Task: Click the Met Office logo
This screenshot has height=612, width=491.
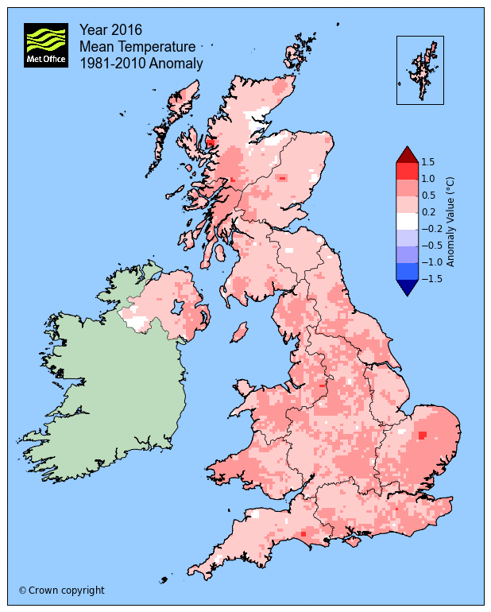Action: [46, 45]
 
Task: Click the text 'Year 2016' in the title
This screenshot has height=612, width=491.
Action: [110, 29]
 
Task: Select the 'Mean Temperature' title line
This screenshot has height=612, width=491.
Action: [137, 47]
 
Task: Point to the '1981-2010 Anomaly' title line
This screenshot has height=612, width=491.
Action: [141, 64]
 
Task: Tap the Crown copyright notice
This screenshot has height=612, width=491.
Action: [61, 591]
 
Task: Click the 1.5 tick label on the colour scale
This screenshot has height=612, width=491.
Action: [427, 162]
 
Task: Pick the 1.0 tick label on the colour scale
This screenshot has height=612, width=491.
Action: [427, 179]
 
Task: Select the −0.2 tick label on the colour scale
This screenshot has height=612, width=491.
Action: [430, 229]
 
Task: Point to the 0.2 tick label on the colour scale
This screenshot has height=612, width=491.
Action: [427, 212]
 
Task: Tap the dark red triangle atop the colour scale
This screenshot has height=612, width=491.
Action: [406, 154]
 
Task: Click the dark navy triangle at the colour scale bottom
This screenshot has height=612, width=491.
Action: [406, 287]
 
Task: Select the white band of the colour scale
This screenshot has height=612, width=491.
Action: [406, 220]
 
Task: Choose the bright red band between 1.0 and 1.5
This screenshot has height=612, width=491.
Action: [406, 170]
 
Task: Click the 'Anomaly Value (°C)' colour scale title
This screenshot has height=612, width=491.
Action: [450, 221]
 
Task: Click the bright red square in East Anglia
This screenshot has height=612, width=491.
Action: [422, 434]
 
